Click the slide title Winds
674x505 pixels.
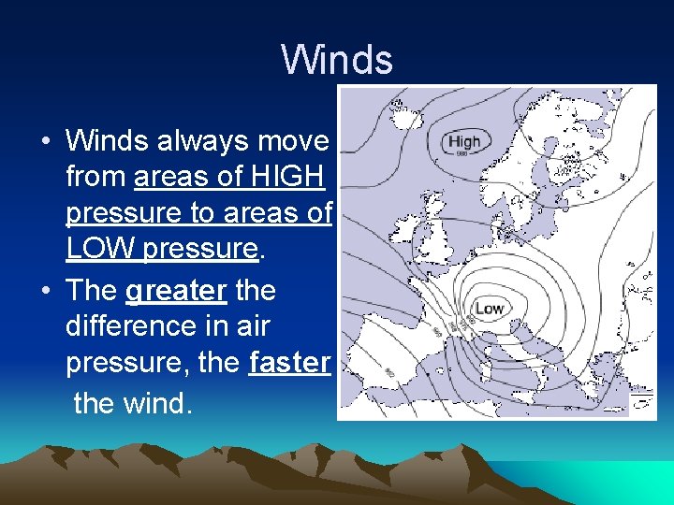337,60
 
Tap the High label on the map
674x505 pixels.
463,141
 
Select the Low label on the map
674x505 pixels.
490,308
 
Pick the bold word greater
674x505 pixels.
176,290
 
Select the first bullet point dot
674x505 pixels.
45,142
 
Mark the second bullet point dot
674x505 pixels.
45,291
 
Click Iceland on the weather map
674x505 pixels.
404,117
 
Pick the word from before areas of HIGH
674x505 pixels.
96,176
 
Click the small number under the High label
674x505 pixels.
462,154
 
